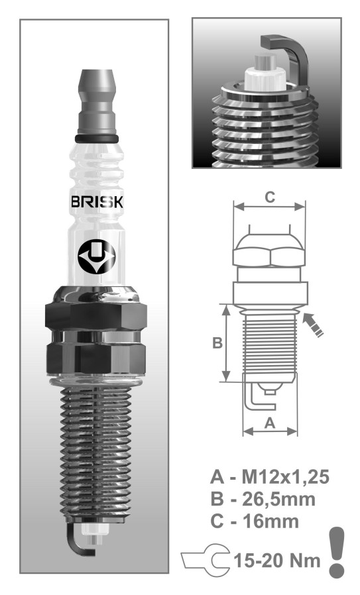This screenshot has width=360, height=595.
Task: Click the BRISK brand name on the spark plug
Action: (97, 201)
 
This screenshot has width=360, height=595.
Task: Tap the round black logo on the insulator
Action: (96, 257)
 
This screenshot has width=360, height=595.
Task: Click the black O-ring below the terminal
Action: (97, 138)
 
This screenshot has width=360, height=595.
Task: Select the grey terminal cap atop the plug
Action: (97, 101)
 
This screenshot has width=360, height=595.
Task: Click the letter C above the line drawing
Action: (270, 197)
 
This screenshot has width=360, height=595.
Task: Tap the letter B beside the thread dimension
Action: (217, 343)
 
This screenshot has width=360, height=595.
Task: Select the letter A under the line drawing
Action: (270, 422)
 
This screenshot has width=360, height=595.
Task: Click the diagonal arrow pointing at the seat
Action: (312, 324)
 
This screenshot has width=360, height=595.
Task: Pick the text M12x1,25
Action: (285, 476)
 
